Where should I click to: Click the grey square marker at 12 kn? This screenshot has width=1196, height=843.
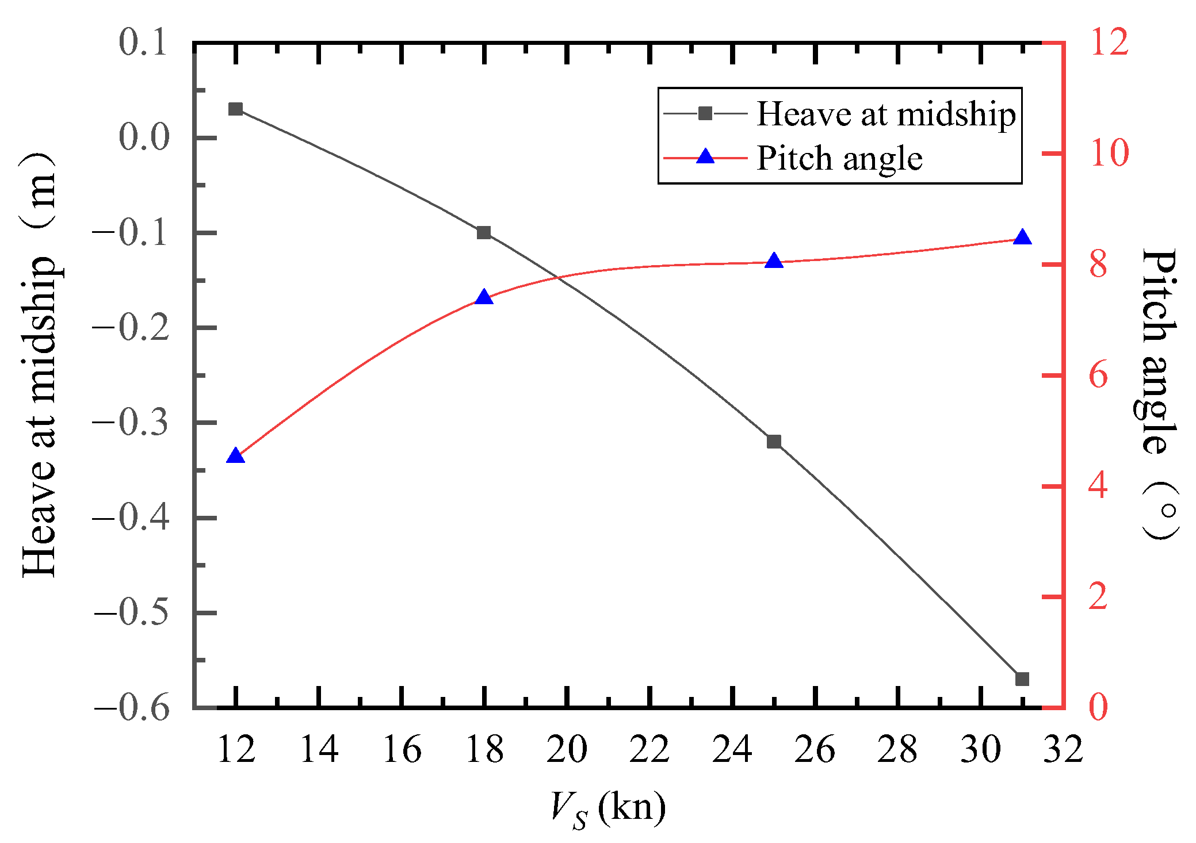pos(235,109)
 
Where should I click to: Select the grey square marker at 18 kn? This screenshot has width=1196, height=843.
pos(484,233)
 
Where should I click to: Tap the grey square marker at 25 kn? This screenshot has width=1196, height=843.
pos(774,442)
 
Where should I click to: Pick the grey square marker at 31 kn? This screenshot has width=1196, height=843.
pos(1022,679)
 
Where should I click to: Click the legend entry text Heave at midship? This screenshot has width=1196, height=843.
pos(886,114)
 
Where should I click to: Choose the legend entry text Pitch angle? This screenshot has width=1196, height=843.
pos(839,159)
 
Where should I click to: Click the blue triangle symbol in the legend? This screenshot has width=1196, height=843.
pos(705,157)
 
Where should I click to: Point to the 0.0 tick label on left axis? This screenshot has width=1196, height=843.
pos(144,138)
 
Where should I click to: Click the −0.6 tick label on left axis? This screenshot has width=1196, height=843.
pos(132,708)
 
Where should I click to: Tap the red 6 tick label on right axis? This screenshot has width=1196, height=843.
pos(1098,375)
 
